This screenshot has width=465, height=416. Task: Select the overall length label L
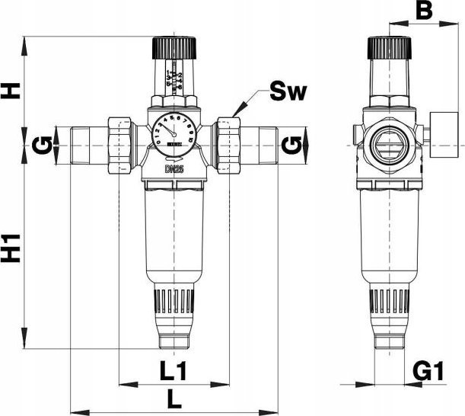[x=174, y=398]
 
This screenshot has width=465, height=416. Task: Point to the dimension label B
[x=425, y=11]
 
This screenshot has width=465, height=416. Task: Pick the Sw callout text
[x=288, y=94]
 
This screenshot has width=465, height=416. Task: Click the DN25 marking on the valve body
[x=174, y=169]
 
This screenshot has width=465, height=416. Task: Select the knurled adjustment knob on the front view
[x=174, y=48]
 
